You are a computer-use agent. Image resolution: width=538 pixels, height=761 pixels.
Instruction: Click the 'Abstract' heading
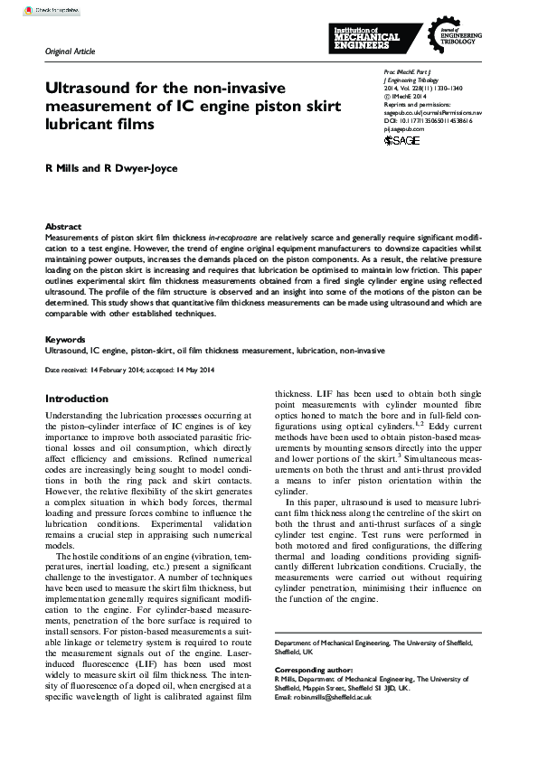[x=63, y=227]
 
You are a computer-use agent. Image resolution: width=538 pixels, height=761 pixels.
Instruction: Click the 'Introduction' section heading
[x=77, y=399]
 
